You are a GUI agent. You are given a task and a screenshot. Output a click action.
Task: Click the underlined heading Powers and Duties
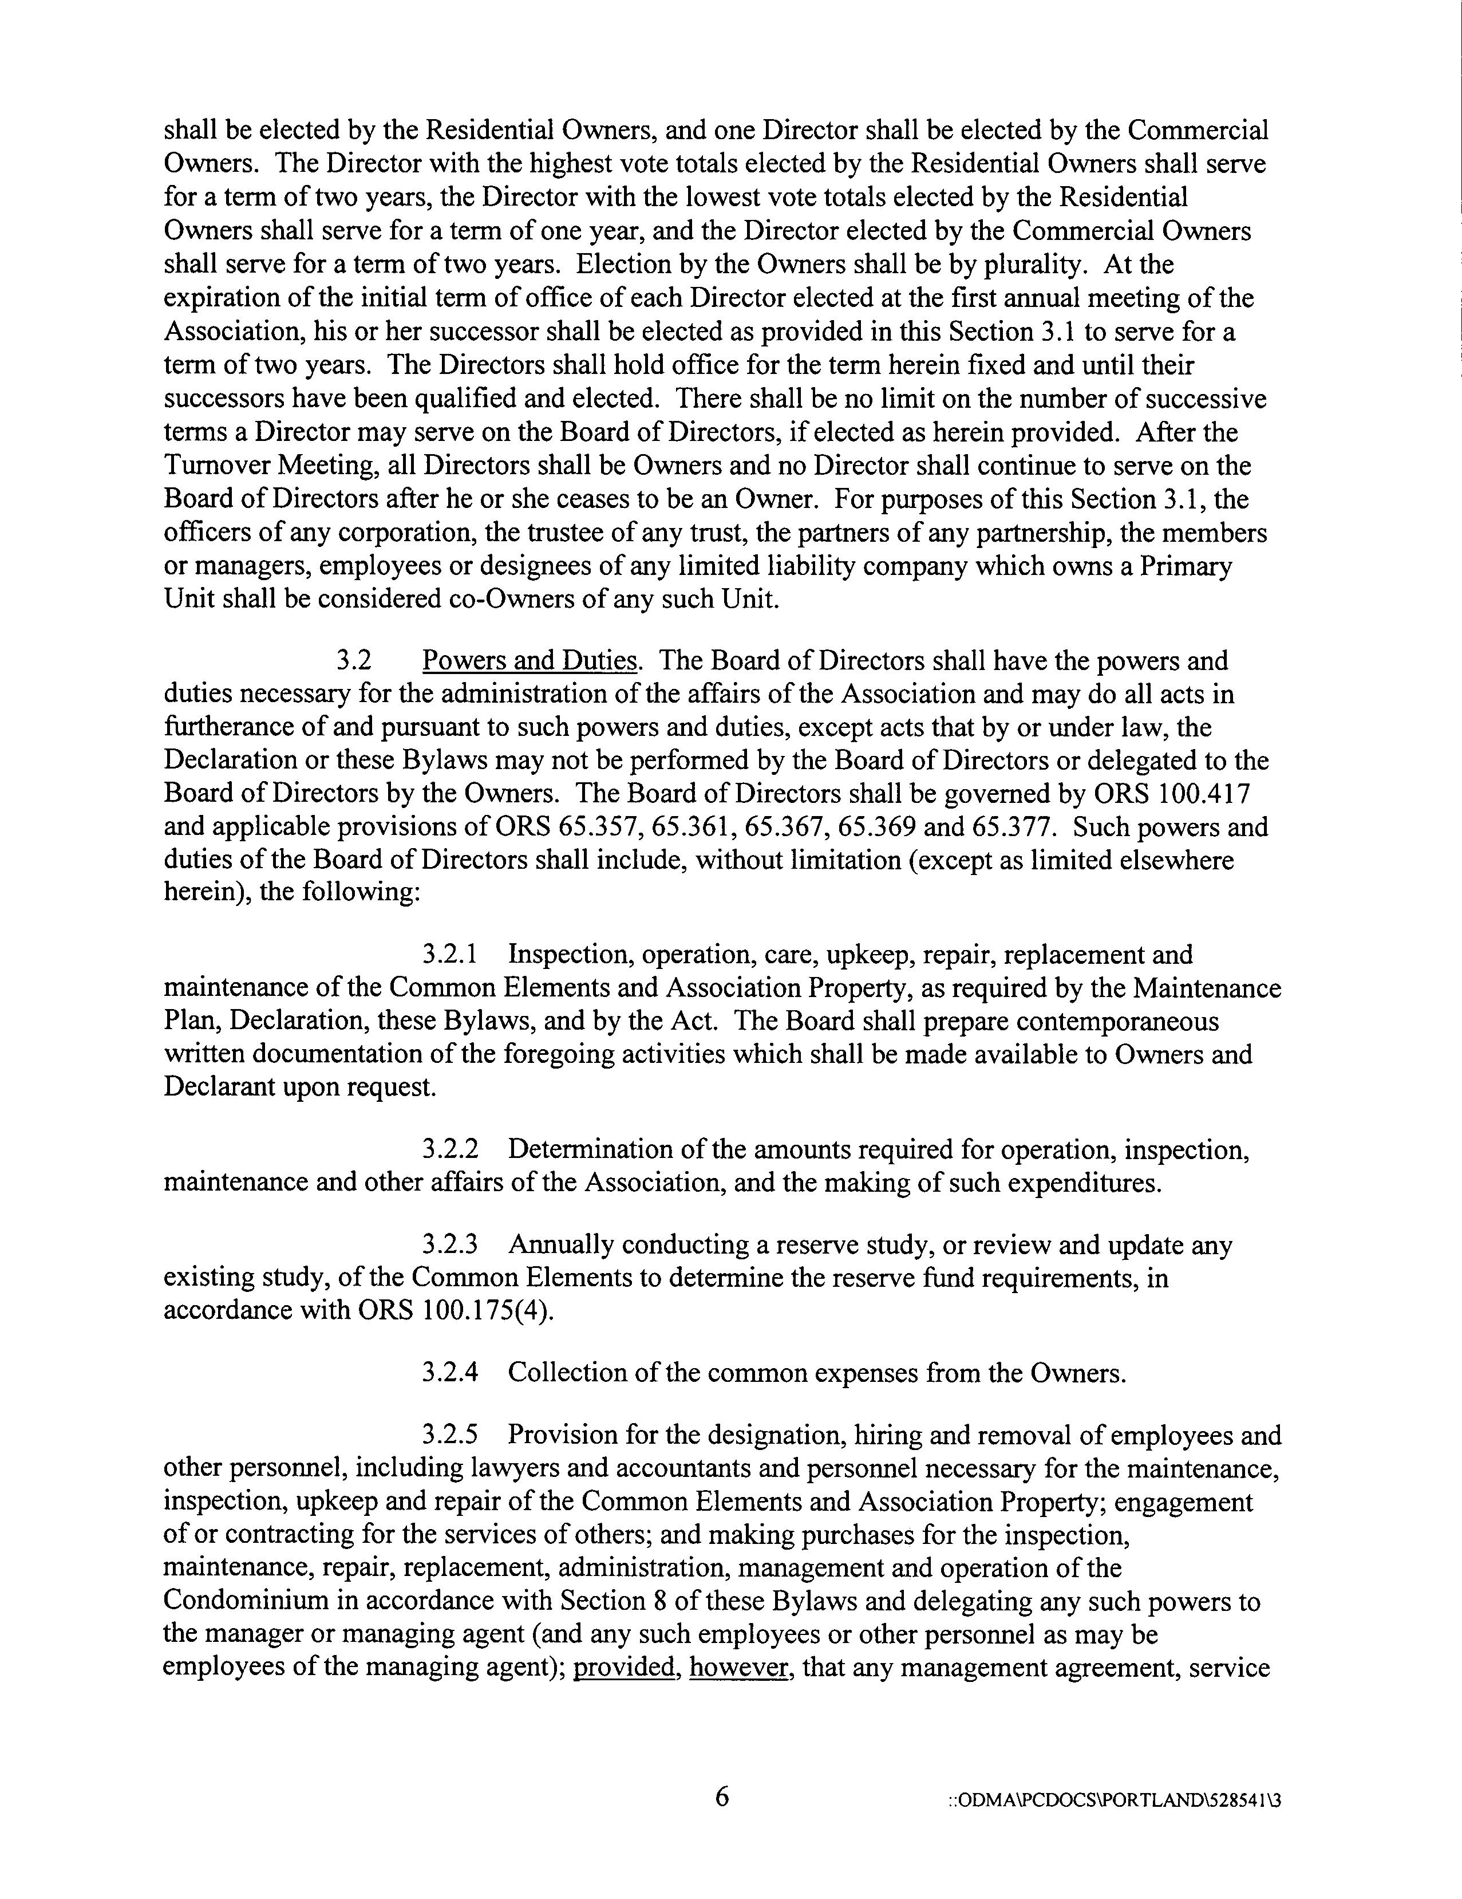pos(530,661)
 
